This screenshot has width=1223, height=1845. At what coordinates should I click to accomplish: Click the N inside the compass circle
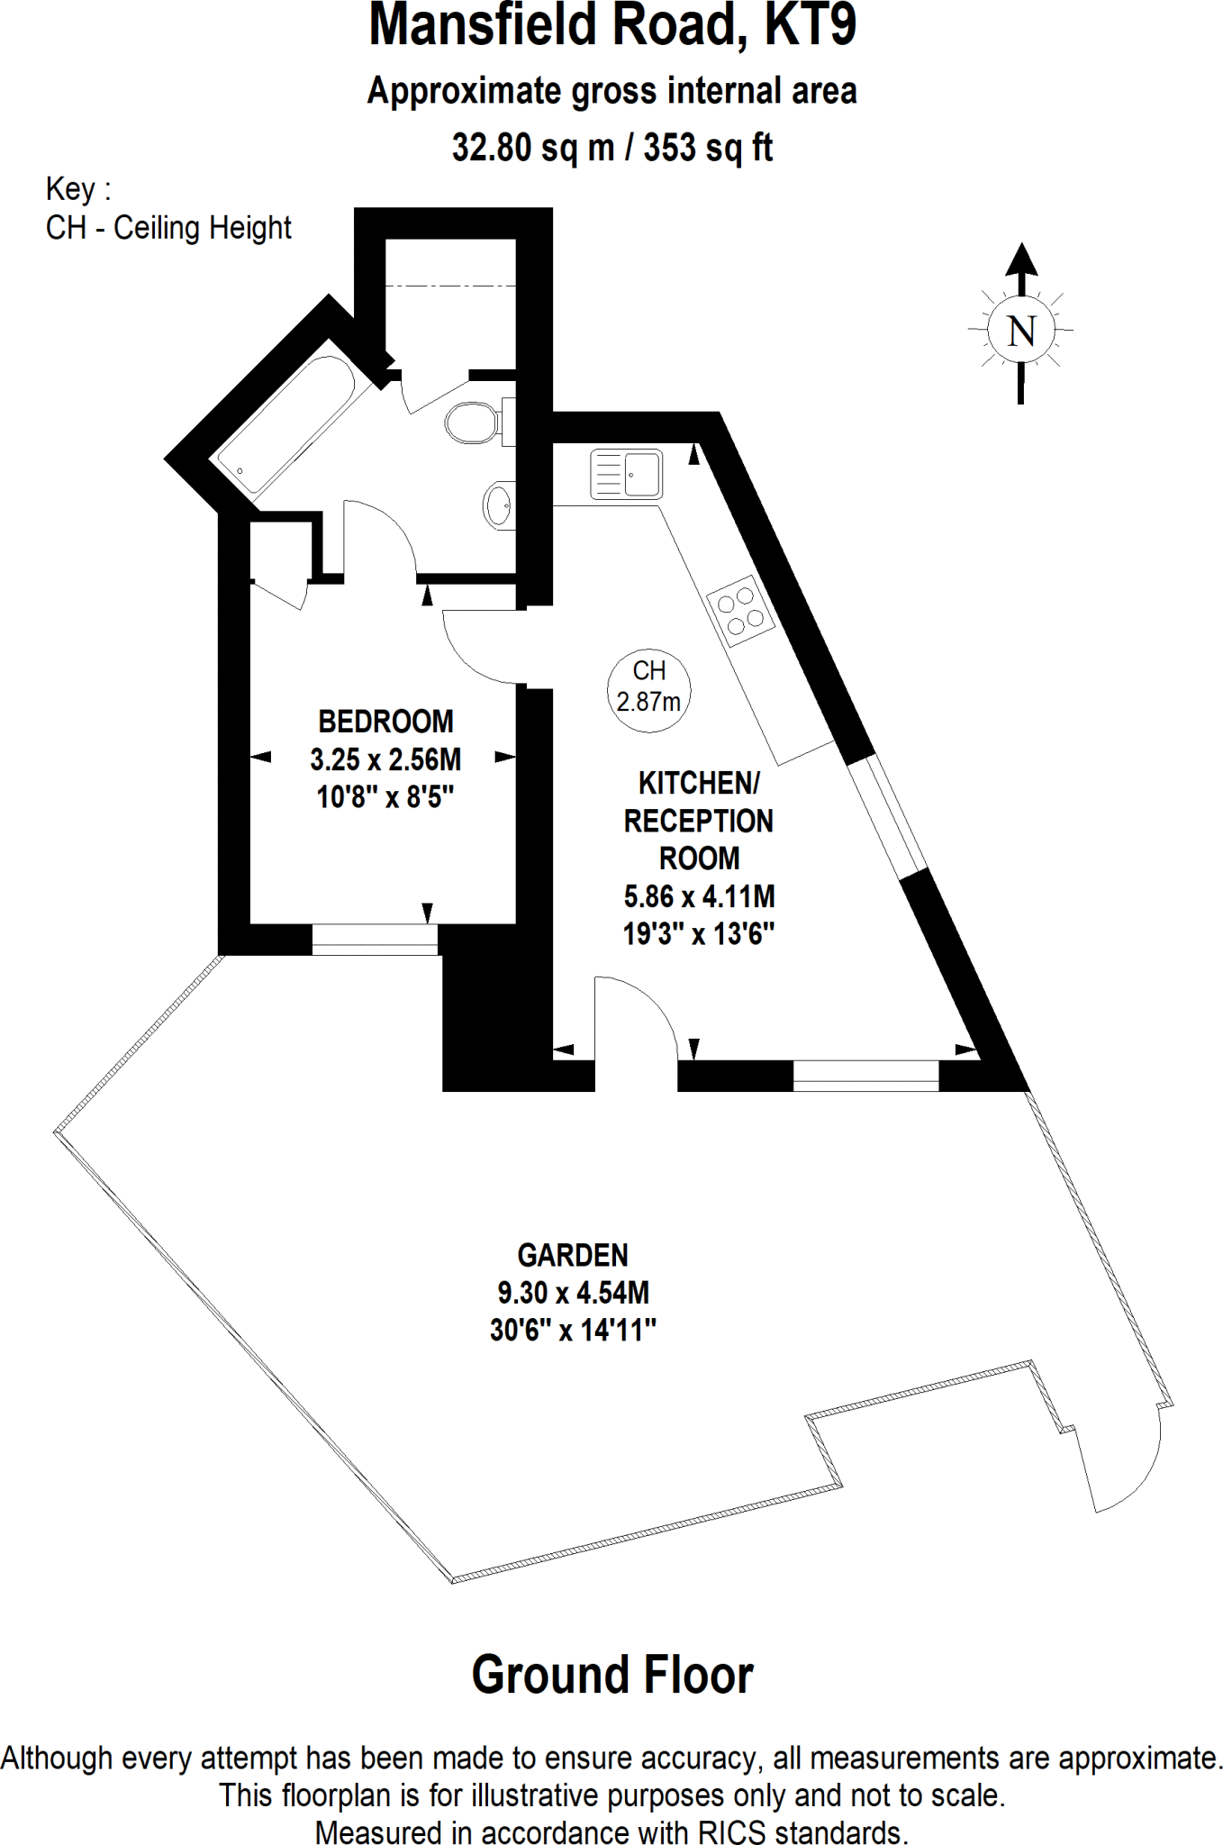[x=1020, y=332]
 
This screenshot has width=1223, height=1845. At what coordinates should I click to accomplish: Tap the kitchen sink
[x=626, y=475]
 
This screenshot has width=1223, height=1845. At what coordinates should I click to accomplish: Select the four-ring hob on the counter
[x=741, y=610]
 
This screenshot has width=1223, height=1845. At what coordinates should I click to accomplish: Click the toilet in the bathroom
[x=473, y=423]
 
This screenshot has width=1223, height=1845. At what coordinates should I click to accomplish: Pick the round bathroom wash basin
[x=498, y=505]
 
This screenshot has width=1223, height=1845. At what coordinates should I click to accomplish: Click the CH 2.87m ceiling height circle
[x=648, y=686]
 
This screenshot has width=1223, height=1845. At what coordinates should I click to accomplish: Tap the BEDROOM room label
[x=385, y=722]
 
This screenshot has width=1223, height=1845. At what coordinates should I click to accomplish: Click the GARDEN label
[x=573, y=1255]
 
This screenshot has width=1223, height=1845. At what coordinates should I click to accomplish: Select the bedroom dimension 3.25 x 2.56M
[x=385, y=759]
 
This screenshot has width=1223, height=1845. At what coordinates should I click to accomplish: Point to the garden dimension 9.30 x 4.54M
[x=573, y=1293]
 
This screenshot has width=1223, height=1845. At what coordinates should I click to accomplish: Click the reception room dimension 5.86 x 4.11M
[x=699, y=896]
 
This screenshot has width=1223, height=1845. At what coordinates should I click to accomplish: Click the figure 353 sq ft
[x=708, y=148]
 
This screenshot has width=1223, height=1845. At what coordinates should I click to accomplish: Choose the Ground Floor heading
[x=612, y=1676]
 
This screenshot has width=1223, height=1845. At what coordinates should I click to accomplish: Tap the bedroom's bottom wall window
[x=375, y=939]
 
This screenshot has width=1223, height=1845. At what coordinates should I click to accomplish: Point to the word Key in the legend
[x=70, y=189]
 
